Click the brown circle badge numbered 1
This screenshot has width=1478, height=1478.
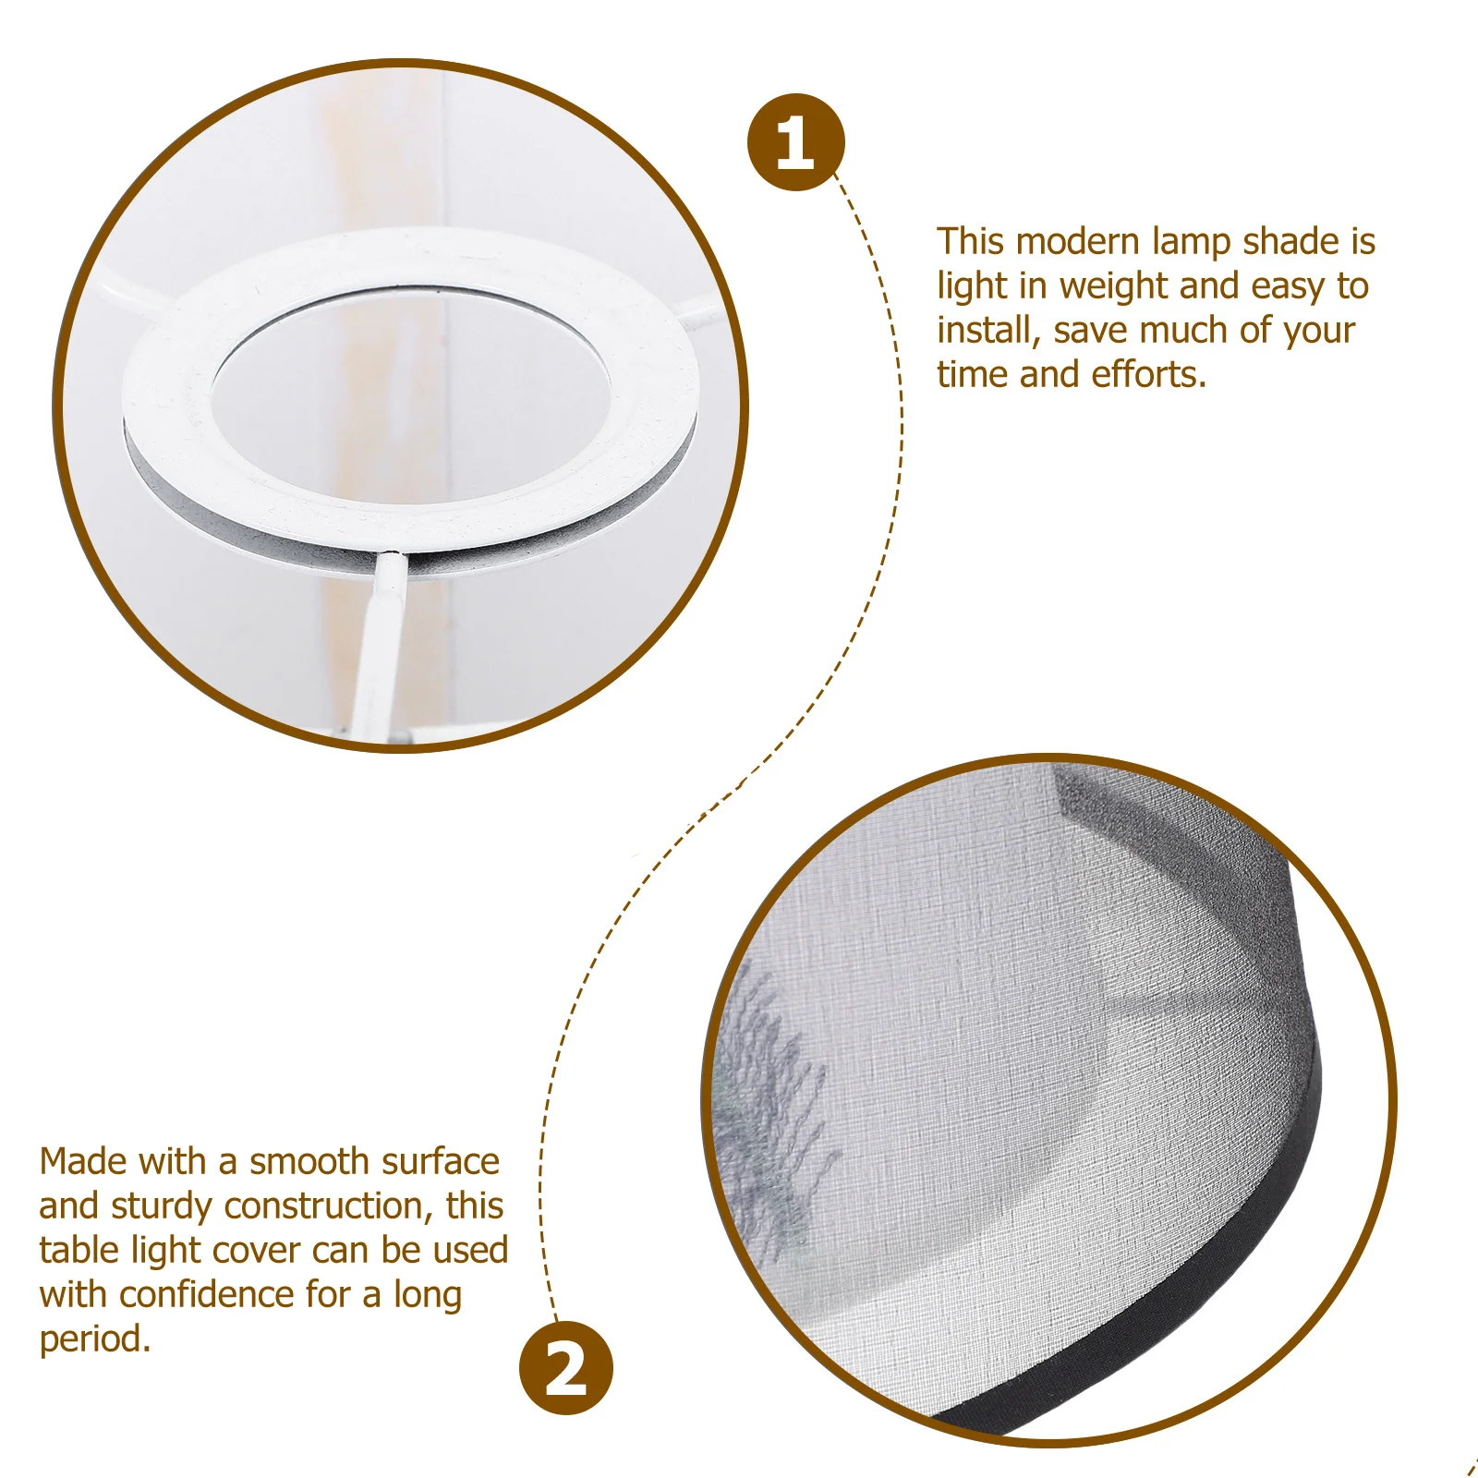click(x=795, y=143)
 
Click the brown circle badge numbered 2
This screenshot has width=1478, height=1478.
click(x=565, y=1368)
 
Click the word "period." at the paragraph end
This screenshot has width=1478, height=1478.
click(x=94, y=1339)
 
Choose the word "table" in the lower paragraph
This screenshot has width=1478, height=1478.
click(x=79, y=1251)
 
